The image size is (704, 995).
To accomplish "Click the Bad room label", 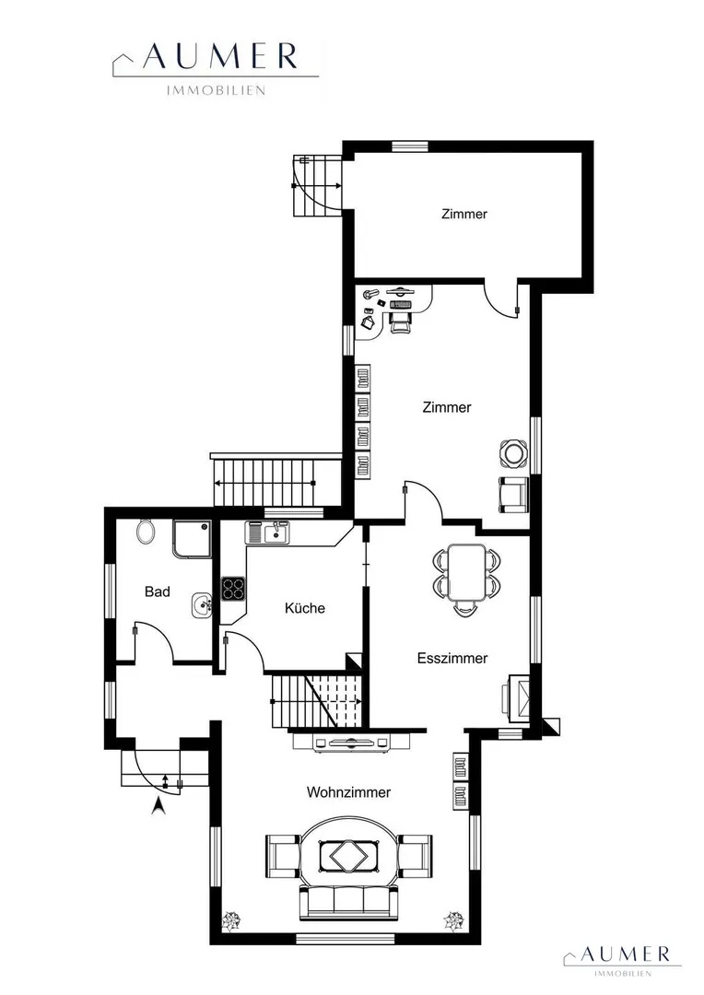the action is (158, 591).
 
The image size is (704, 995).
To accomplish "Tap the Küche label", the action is (305, 608).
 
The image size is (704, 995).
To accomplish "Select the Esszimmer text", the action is (452, 658).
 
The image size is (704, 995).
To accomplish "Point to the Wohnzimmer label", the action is (348, 792).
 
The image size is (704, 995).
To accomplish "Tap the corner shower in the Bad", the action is (191, 539).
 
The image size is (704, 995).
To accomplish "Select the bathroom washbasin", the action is (201, 604).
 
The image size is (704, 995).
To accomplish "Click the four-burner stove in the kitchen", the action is (234, 588).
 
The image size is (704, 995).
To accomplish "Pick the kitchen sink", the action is (268, 532).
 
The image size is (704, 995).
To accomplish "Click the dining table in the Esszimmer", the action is (466, 572).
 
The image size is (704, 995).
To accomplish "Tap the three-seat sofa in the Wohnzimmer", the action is (348, 902).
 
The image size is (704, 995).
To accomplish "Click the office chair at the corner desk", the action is (400, 317).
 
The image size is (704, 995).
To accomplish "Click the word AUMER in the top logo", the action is (220, 57).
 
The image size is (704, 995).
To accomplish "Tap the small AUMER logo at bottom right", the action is (622, 958).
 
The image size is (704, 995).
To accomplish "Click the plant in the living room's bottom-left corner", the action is (229, 919).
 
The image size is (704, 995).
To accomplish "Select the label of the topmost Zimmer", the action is (464, 214).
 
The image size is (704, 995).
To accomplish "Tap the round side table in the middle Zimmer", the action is (513, 452).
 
